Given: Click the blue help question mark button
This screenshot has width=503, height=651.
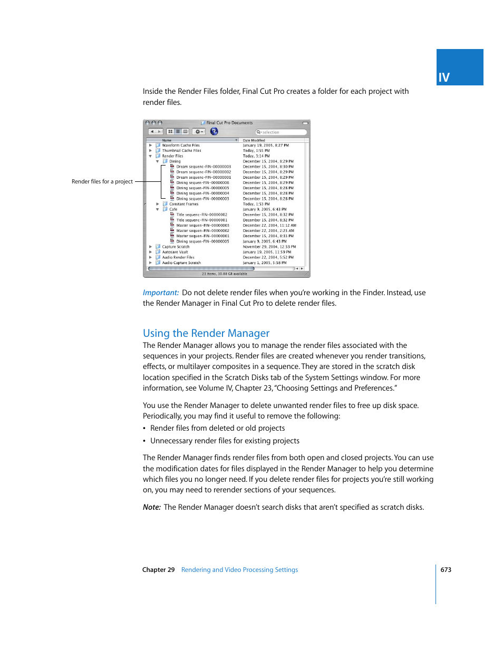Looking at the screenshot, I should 214,131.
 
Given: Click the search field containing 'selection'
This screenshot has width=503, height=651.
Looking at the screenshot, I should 281,132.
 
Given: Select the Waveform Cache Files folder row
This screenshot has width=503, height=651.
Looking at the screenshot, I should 181,145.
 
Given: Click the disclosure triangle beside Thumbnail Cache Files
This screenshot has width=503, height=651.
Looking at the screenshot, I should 150,151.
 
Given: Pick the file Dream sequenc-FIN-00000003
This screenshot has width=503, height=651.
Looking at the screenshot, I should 204,167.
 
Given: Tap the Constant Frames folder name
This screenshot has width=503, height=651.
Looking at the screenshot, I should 183,204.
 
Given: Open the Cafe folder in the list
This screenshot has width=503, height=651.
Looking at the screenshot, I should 173,209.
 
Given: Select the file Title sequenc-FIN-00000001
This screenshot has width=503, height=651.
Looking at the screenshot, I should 201,220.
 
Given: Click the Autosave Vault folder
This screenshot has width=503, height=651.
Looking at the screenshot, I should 175,252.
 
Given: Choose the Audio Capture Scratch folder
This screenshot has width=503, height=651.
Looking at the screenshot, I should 181,263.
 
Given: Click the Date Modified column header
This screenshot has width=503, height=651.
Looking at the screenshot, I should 254,140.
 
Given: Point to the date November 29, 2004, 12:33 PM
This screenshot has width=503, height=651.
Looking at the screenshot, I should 269,247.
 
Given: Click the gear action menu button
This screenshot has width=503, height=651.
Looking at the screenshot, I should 199,132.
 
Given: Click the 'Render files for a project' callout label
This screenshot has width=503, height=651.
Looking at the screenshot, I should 102,181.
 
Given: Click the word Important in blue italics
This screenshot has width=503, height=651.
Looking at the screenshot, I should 161,293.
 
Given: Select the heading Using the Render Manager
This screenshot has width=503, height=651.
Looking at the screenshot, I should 206,333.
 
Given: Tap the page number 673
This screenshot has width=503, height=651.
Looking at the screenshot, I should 446,570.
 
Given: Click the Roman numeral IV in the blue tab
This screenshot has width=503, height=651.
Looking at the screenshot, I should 444,77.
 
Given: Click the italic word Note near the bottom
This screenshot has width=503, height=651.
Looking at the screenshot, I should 151,507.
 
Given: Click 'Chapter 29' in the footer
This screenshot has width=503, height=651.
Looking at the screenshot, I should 158,570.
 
